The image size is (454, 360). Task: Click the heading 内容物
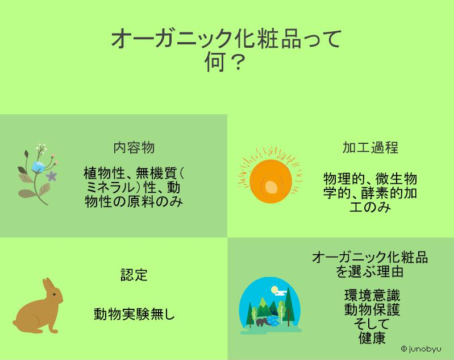click(134, 147)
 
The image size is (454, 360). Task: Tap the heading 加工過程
click(370, 147)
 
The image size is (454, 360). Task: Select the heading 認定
click(134, 275)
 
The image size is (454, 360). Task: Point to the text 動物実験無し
click(134, 314)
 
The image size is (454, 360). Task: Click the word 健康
click(372, 338)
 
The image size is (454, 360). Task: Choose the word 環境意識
click(372, 295)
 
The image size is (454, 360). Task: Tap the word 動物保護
click(372, 309)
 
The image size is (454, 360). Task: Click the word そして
click(371, 324)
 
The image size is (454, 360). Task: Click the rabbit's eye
click(54, 295)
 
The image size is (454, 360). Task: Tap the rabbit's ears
click(49, 284)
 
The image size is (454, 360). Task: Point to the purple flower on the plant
click(51, 176)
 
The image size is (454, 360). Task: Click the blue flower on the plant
click(38, 167)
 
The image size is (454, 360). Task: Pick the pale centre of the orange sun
click(271, 187)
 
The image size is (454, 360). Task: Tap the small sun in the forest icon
click(274, 289)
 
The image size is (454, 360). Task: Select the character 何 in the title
click(215, 61)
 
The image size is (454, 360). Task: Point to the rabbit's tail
click(15, 322)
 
